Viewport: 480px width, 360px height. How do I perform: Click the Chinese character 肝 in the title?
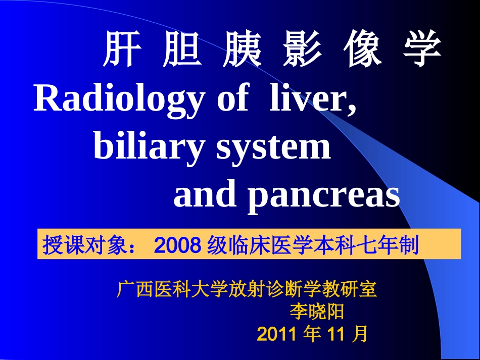(120, 51)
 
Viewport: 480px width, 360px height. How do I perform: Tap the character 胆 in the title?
(181, 51)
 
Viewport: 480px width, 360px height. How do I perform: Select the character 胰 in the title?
(242, 51)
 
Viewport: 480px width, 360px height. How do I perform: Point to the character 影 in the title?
(302, 51)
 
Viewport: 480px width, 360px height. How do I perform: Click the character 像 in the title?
(362, 51)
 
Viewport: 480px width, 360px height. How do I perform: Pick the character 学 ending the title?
(422, 51)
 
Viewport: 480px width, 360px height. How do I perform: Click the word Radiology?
(119, 99)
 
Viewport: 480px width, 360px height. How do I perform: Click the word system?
(273, 148)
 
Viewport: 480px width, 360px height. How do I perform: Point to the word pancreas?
(323, 196)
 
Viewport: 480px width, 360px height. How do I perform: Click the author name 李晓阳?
(317, 312)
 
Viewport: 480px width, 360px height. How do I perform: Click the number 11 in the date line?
(337, 334)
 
